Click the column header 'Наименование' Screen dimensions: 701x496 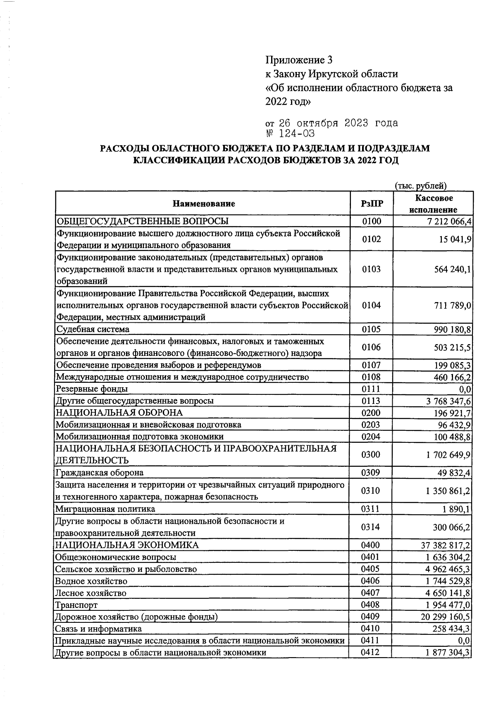[203, 204]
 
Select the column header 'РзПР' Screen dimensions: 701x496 [371, 204]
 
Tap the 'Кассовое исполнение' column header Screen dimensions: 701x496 [433, 204]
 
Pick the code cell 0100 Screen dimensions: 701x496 [371, 221]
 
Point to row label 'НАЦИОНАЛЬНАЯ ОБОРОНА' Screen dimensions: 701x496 [119, 413]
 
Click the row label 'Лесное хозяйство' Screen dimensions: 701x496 [91, 593]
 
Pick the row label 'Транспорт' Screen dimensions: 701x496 [76, 605]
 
